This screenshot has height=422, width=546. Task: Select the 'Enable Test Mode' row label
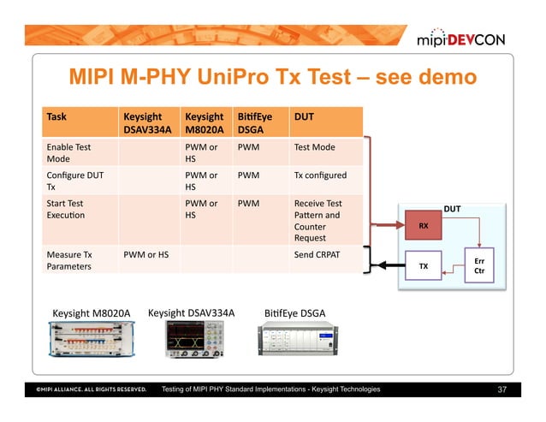68,153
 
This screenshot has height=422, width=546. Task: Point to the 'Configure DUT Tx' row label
70,181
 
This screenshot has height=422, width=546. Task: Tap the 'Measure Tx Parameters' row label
68,260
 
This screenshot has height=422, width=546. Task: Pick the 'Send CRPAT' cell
318,254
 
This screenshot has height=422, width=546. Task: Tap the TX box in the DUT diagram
423,266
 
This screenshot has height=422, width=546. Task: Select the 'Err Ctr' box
478,266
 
